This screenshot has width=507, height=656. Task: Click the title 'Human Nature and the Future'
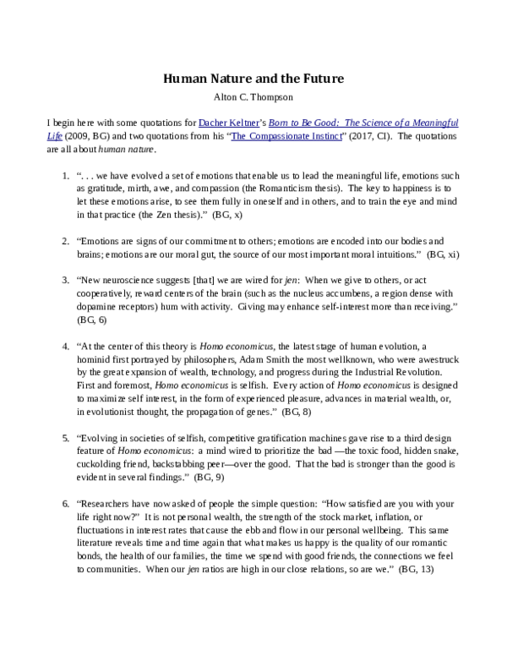click(253, 79)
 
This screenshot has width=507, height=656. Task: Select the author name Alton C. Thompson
click(253, 96)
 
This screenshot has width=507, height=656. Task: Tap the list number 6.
click(66, 503)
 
